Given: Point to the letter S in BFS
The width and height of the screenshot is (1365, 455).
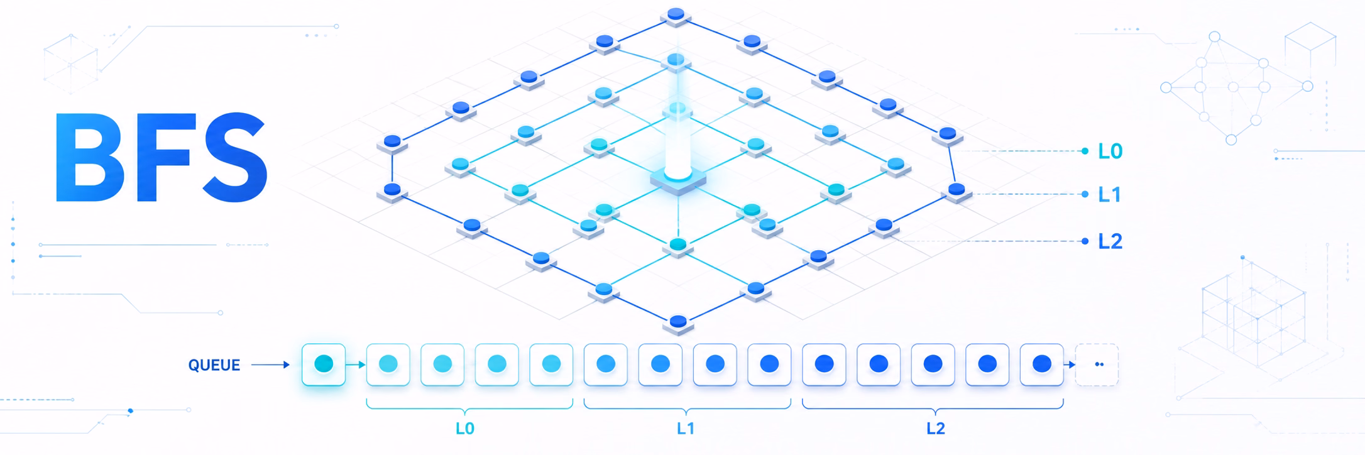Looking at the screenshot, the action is [x=234, y=157].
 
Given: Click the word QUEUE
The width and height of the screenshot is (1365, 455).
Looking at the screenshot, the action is [x=214, y=365].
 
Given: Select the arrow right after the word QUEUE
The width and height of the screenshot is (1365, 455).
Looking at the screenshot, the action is [x=270, y=365].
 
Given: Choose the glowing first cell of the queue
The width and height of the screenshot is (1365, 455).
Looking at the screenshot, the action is [x=324, y=365].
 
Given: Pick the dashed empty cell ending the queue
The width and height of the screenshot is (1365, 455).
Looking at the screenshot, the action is [x=1097, y=365].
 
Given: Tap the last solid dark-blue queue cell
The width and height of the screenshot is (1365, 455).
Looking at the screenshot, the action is [x=1042, y=365].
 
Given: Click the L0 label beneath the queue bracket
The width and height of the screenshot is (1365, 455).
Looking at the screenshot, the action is [x=465, y=429].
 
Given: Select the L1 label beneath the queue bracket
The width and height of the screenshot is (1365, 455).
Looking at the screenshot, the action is [x=686, y=429].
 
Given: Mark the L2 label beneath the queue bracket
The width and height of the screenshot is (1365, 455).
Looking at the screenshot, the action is [x=936, y=429].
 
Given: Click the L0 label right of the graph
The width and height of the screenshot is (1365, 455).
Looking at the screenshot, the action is [x=1110, y=151].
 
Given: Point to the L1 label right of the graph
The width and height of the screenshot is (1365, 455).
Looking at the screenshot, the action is [x=1109, y=195].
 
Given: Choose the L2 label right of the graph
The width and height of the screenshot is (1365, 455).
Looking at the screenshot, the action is [x=1110, y=241].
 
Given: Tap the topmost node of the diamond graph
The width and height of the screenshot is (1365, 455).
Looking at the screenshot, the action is [x=676, y=15].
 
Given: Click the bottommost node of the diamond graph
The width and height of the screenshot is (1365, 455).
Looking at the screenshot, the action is [x=677, y=323].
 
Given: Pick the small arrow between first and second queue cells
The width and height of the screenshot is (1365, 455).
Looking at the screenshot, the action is [x=356, y=365].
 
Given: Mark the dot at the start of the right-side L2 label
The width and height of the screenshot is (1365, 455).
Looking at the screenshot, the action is [x=1085, y=241].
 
